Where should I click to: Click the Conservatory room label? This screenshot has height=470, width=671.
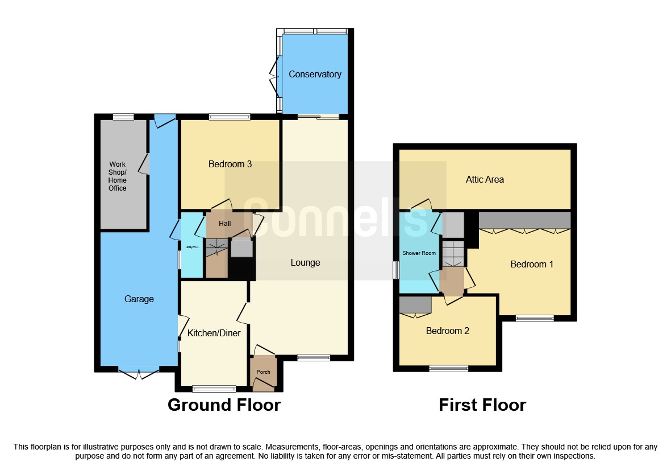pos(315,75)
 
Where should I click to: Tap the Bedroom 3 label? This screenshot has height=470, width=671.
pos(230,164)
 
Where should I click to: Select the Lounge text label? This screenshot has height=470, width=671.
pos(305,262)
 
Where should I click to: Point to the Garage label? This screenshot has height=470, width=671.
pos(139,299)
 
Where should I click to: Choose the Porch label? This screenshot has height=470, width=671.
pos(263,372)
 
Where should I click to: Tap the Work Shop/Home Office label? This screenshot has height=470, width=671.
pos(118,176)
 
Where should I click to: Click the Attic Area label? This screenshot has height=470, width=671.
pos(485,179)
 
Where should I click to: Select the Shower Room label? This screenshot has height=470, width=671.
pos(419,253)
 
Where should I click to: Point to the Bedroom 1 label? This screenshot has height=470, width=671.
pos(532,264)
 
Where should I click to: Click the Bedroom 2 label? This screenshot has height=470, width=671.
pos(448,331)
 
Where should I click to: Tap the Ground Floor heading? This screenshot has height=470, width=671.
pos(224,405)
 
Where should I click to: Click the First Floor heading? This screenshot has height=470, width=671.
pos(482,405)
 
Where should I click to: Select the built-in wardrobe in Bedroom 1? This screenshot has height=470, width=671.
pos(524,220)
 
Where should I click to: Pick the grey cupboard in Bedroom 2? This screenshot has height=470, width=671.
pos(415,305)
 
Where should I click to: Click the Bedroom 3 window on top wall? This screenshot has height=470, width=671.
pos(230,117)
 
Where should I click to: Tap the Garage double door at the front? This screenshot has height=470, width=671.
pos(138,371)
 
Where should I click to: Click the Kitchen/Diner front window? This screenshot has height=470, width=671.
pos(214,389)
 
